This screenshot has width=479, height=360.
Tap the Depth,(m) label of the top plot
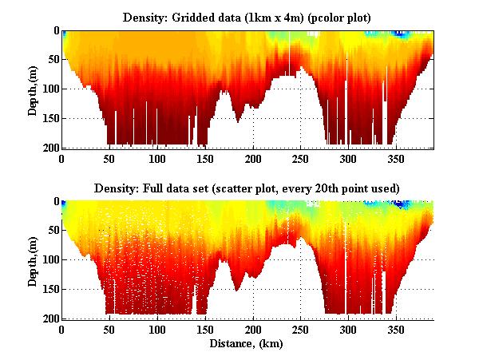33,89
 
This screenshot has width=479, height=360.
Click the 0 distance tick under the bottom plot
62,329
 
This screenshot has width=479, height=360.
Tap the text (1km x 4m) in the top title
269,17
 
